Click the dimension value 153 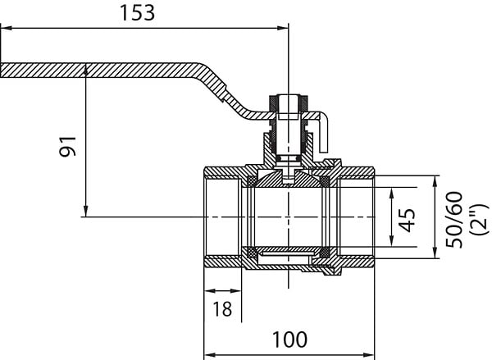click(x=138, y=13)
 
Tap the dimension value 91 click(x=68, y=146)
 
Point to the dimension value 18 click(x=222, y=308)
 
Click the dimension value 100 click(x=289, y=339)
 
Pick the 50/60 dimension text click(x=453, y=220)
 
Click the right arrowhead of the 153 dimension click(x=282, y=28)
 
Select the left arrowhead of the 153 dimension click(x=7, y=28)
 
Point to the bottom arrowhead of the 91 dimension click(x=85, y=212)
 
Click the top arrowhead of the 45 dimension click(x=391, y=193)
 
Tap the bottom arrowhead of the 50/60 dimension click(x=435, y=253)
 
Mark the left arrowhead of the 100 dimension click(x=210, y=355)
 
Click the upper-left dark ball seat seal click(x=251, y=181)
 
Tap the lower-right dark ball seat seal click(x=325, y=252)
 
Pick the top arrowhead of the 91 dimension click(x=85, y=71)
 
